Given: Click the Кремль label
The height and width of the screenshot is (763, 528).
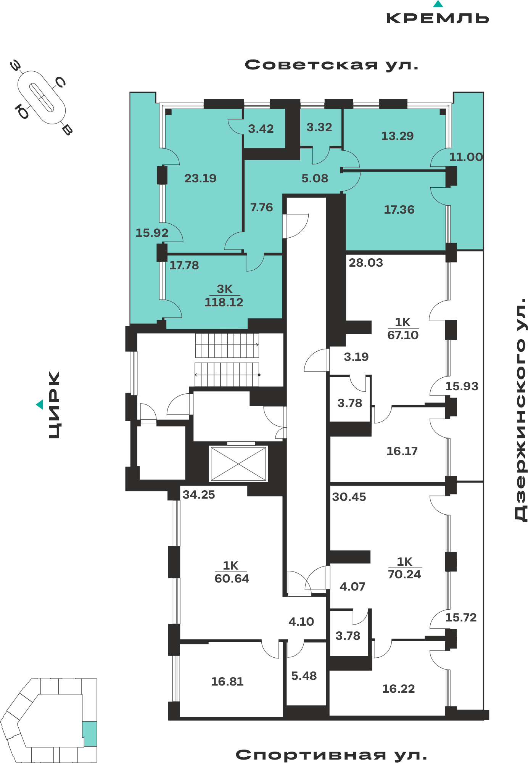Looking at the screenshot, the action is pos(438,18).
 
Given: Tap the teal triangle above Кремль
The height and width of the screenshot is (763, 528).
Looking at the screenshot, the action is pos(438,4).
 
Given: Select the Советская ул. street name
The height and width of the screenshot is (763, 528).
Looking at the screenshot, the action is pos(332,65).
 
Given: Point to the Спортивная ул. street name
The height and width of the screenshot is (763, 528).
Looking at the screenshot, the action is pos(331,755).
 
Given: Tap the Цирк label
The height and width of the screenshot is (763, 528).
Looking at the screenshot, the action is pos(54,405).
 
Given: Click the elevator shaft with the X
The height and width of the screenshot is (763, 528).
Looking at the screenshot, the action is pos(238,464).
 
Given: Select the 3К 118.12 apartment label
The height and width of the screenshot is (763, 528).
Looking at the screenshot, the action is pos(224,296).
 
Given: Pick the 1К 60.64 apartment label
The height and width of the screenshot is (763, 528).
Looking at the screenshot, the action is pos(232,572).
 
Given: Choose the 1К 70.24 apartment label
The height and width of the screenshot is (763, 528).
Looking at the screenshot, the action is pos(404,568).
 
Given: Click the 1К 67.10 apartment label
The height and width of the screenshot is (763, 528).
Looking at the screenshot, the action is pos(403,328).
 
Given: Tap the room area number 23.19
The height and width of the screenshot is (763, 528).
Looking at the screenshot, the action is pos(200,178).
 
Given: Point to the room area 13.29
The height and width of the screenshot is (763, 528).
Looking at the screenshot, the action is pos(398,136).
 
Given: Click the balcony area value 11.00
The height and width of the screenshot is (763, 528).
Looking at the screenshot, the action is pos(466,157).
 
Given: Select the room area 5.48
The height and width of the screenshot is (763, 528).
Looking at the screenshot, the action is pos(304,676).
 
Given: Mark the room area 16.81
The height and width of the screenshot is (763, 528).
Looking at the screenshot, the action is pos(227,681).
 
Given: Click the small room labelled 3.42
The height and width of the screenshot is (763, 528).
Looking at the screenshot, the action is pos(261,129).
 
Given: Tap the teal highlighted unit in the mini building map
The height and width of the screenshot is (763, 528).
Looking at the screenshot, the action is pos(90,734).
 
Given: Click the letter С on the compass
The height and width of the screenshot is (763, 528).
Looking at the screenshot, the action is pos(60,82).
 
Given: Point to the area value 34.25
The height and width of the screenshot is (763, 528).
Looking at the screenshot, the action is pos(199,494).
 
